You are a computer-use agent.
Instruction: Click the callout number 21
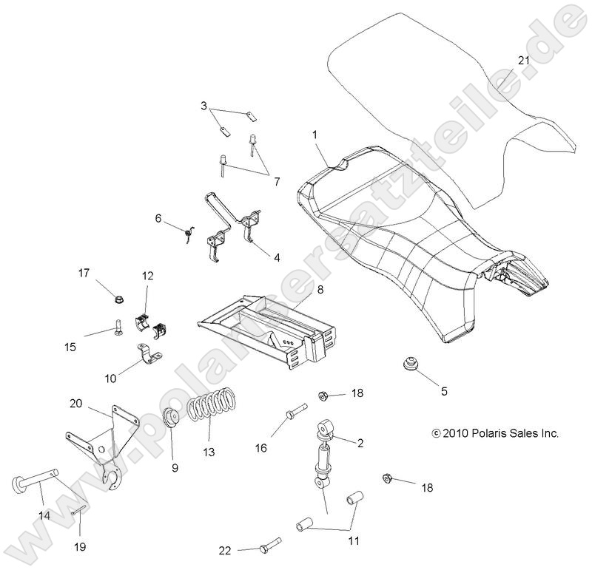[x=523, y=61]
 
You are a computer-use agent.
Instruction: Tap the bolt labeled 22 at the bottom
[x=267, y=548]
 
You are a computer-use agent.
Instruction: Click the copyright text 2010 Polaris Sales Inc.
[x=495, y=433]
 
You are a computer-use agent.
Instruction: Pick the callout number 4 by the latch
[x=276, y=257]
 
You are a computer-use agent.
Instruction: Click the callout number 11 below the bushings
[x=353, y=541]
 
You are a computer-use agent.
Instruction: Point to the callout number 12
[x=148, y=276]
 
